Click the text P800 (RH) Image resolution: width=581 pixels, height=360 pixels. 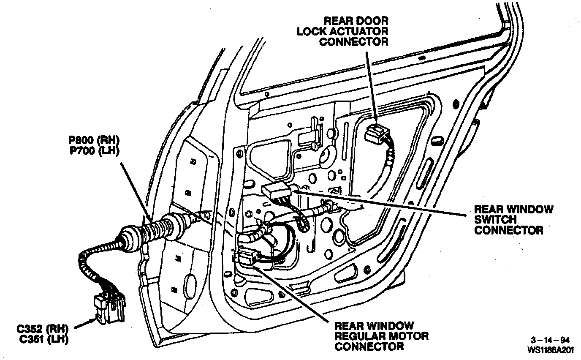94,140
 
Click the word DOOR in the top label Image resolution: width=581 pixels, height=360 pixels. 373,21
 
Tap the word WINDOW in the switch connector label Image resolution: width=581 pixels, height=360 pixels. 529,209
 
